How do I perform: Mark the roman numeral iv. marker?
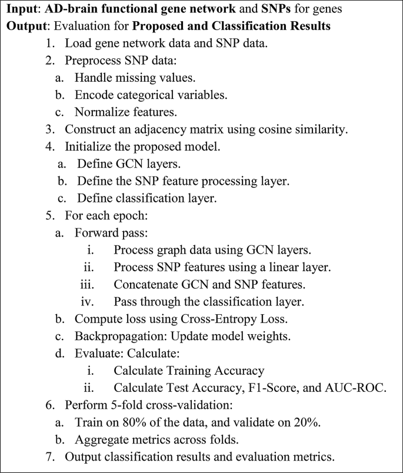click(x=88, y=302)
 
